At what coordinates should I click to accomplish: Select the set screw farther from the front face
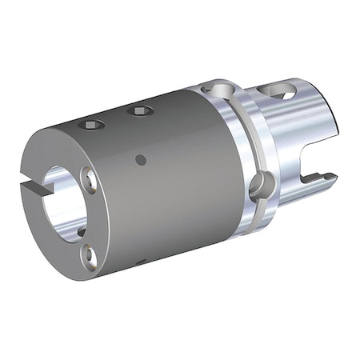pyautogui.click(x=142, y=110)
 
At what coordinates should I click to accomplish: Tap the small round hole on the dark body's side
pyautogui.click(x=141, y=160)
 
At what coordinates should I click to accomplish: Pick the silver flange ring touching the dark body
pyautogui.click(x=224, y=160)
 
